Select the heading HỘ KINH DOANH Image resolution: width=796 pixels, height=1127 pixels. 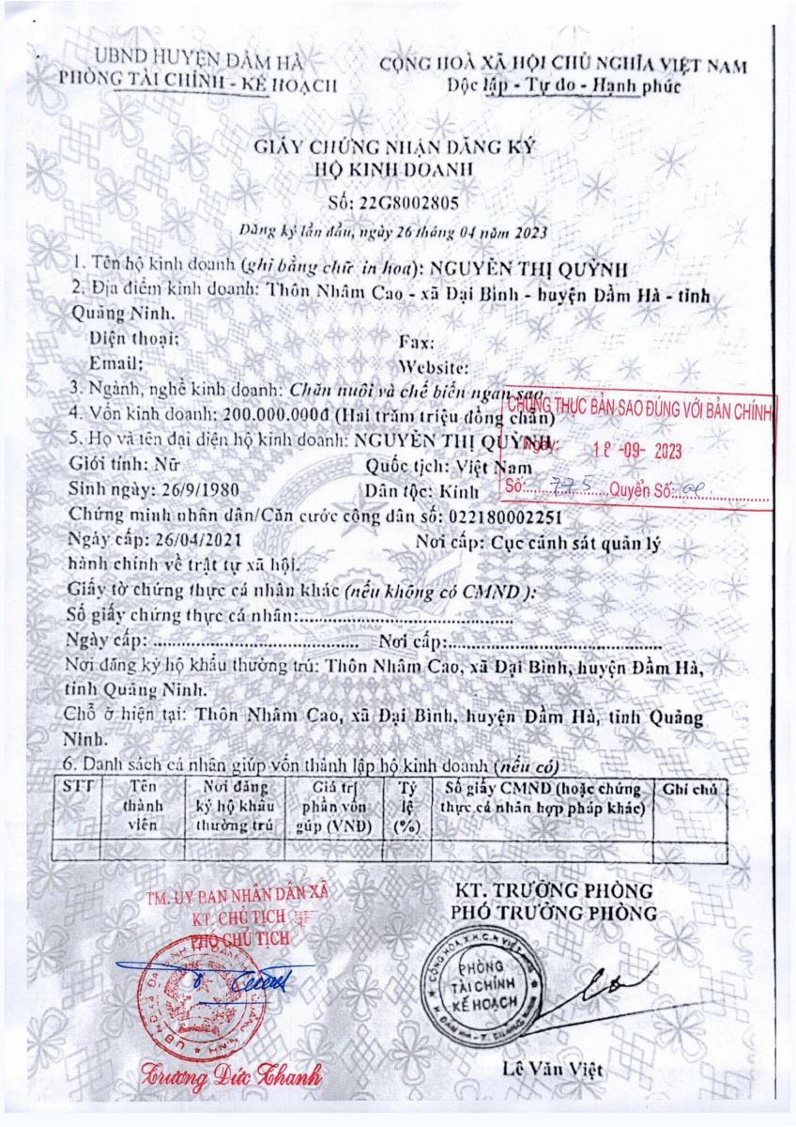(x=398, y=171)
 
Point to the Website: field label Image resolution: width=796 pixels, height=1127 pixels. (x=434, y=365)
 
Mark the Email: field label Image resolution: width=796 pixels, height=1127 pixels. (x=115, y=363)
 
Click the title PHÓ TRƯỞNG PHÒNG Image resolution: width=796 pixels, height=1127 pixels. (x=554, y=913)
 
